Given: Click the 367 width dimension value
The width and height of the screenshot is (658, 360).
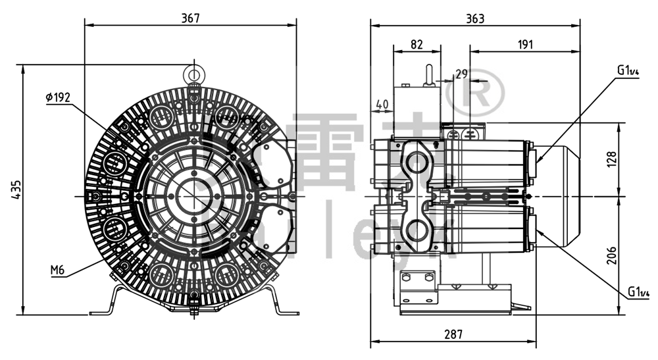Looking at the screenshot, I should pyautogui.click(x=190, y=18).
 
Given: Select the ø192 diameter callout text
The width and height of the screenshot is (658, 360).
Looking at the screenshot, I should pyautogui.click(x=58, y=97).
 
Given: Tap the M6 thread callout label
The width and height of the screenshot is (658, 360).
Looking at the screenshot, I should pyautogui.click(x=58, y=270).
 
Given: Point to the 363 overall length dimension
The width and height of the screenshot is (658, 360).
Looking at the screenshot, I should pyautogui.click(x=475, y=18).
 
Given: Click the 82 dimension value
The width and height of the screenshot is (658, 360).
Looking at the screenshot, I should pyautogui.click(x=417, y=44).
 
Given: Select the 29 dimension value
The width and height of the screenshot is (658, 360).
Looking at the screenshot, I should pyautogui.click(x=461, y=73).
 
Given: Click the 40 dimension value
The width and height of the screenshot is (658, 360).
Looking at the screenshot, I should pyautogui.click(x=382, y=104).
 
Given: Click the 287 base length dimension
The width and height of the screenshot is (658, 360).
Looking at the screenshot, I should pyautogui.click(x=452, y=334).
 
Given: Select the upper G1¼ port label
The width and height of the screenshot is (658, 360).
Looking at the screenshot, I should pyautogui.click(x=628, y=71).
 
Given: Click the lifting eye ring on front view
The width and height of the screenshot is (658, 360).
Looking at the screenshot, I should pyautogui.click(x=194, y=71).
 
